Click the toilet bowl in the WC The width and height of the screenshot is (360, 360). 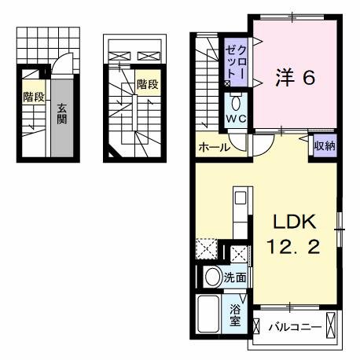coord(237,103)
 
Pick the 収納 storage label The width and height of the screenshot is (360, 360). coord(325,146)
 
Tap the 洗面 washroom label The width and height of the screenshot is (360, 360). coord(234,277)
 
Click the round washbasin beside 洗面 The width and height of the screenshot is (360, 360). coord(211,277)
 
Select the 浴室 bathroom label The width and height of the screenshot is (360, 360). coord(234,316)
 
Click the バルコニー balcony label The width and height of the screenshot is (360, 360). coord(292,325)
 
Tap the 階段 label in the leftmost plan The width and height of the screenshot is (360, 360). coord(33,97)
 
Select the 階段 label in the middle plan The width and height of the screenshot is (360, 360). coord(147,83)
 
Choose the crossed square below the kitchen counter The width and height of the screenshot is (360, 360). coord(239,253)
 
